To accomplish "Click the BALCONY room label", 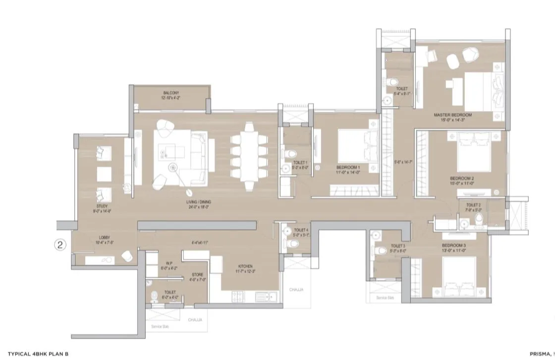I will [171, 93].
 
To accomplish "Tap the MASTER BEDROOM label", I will [452, 115].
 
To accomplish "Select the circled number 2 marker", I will [60, 244].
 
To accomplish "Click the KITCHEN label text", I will [245, 266].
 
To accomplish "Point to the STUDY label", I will [103, 206].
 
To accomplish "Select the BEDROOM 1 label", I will [348, 168].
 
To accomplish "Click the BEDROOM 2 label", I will [462, 179].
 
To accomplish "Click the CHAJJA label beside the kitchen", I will [296, 290].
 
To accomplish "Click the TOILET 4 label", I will [301, 230].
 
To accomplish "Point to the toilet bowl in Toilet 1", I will [287, 153].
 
